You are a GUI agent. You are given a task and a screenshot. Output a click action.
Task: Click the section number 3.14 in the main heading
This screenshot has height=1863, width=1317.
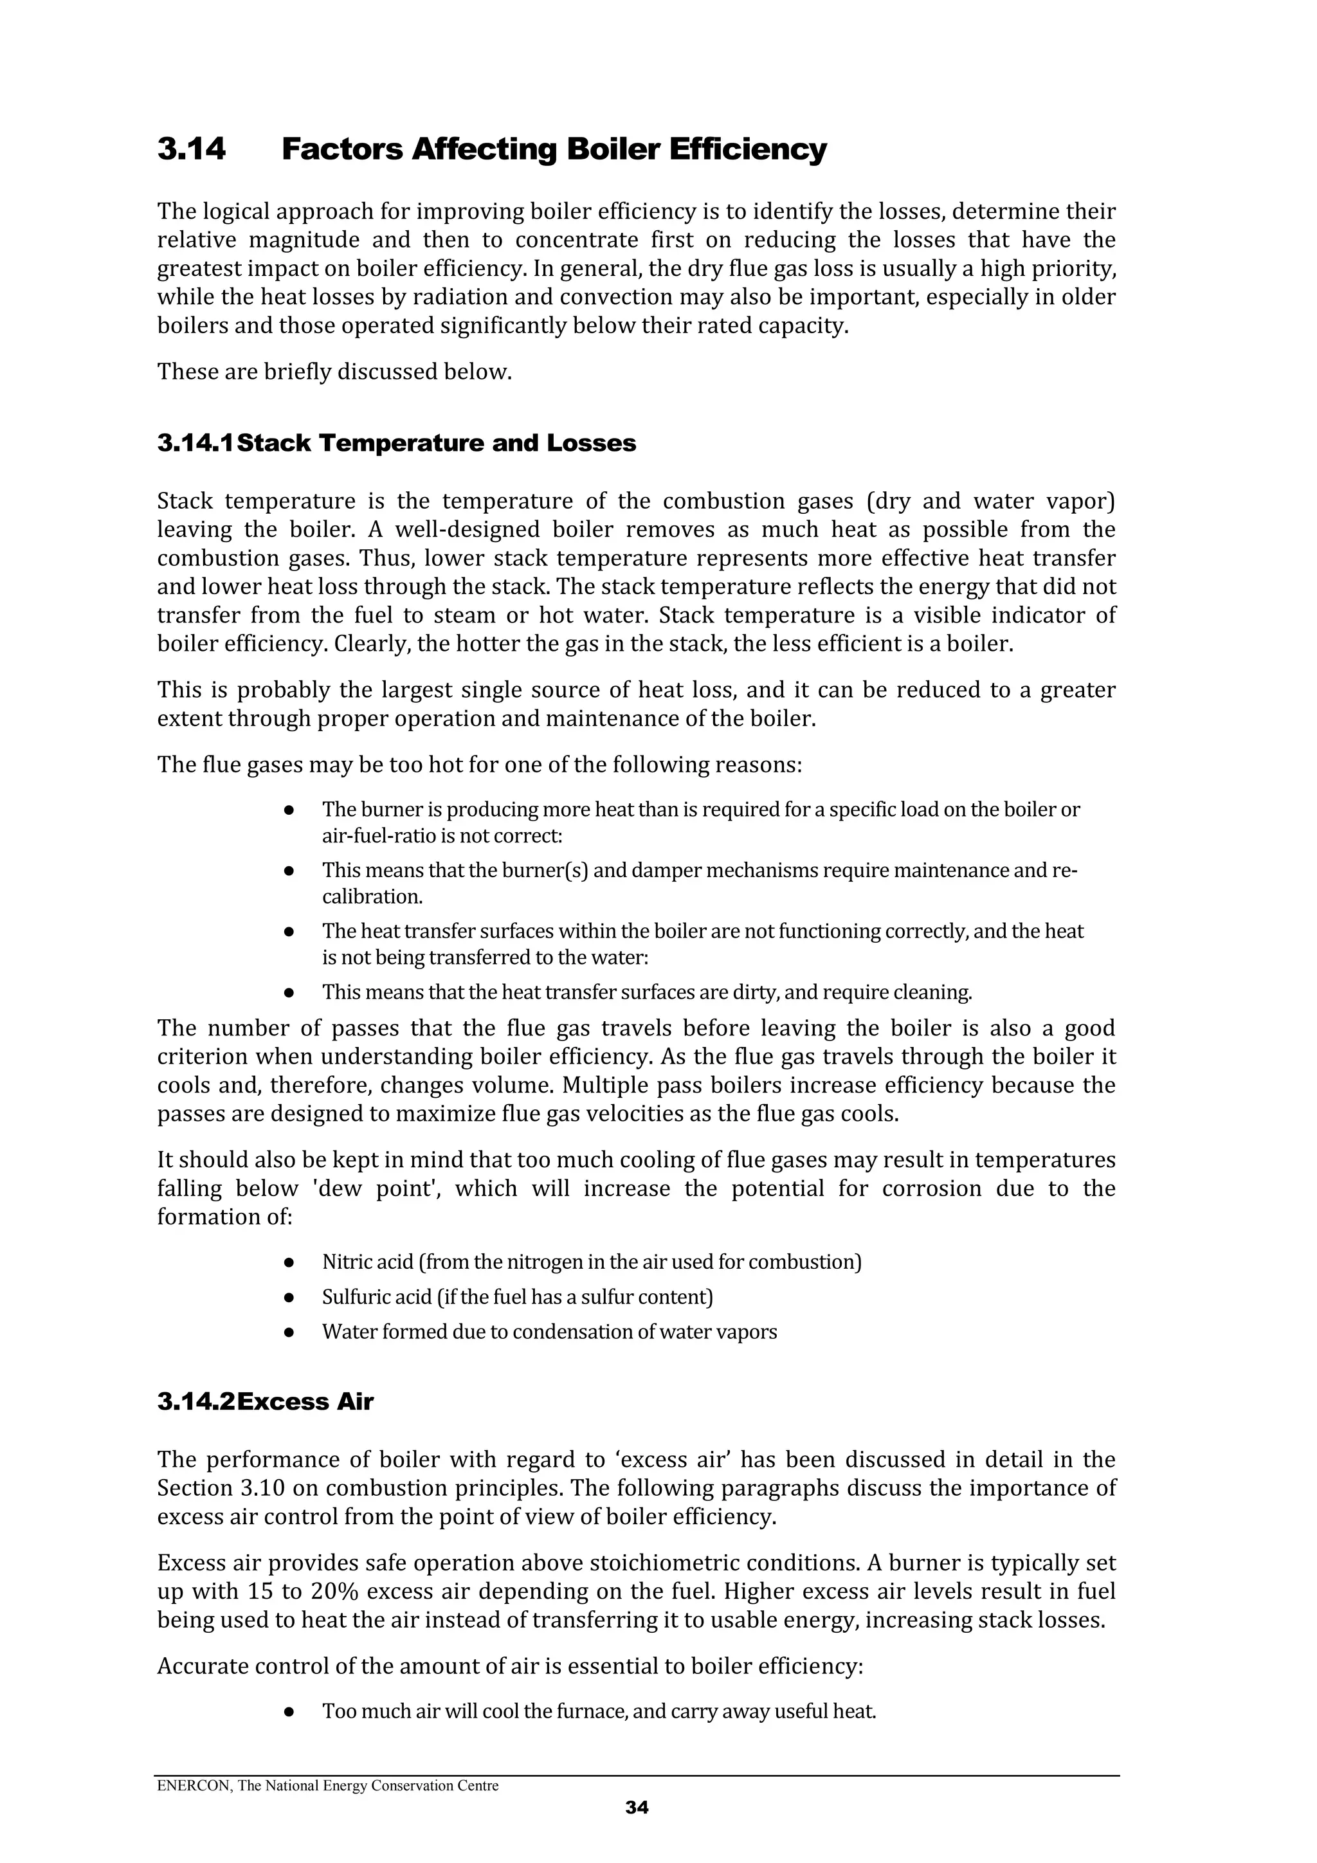click(x=192, y=150)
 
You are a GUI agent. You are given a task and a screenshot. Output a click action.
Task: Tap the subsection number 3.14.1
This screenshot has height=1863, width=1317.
click(x=195, y=443)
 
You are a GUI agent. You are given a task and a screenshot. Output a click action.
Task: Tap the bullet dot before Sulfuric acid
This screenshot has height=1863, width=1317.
click(x=289, y=1298)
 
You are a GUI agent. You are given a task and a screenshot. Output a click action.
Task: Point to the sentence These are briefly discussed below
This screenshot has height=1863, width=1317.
click(x=334, y=372)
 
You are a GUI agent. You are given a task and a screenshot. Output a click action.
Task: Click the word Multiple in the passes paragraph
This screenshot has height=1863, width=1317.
click(x=601, y=1085)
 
